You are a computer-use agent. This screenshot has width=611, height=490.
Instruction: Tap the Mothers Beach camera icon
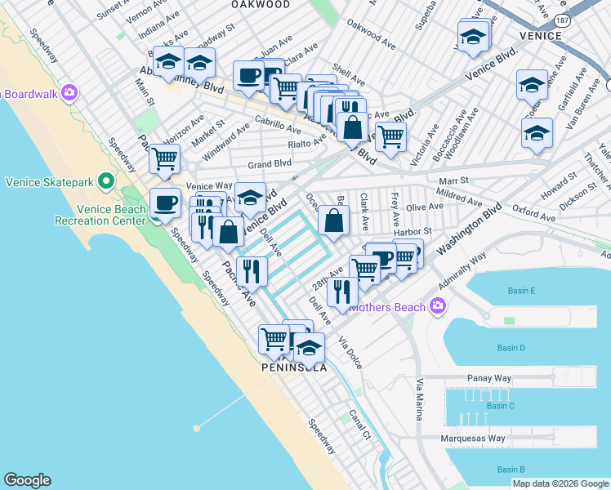pos(438,306)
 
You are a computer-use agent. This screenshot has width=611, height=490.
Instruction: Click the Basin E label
pos(520,292)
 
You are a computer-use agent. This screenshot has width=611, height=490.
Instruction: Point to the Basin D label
pos(511,349)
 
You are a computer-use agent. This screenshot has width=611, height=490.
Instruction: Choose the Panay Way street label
pos(488,378)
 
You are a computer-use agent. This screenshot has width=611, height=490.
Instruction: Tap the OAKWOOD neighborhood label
pos(260,4)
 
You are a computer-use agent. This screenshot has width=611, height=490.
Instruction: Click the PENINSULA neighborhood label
pos(294,367)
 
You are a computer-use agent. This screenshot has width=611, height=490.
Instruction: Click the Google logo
pos(27,480)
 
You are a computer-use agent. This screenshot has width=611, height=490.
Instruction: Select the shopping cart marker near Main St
pos(164,158)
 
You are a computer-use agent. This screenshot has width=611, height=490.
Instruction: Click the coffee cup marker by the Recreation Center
pos(165,202)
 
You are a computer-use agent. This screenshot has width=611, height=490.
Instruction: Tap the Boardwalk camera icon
pos(69,93)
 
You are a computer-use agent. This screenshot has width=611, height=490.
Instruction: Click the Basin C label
pos(500,406)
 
